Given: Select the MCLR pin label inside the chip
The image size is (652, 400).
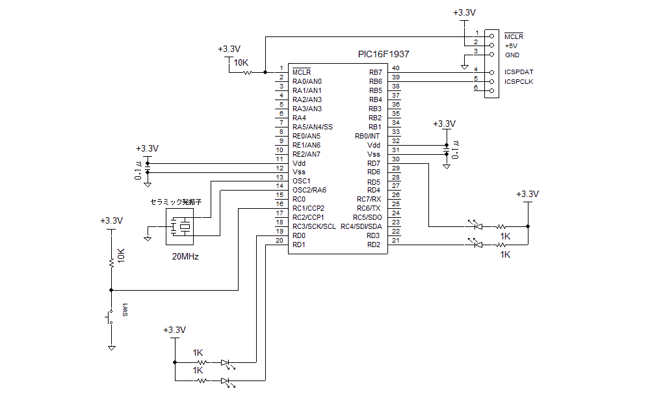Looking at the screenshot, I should [302, 72].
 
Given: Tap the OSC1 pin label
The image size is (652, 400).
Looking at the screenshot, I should [302, 181].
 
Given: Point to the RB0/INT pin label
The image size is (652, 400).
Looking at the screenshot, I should [367, 136].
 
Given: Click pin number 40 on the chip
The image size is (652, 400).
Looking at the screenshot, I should [396, 68].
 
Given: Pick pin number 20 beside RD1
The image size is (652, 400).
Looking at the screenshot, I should [279, 241].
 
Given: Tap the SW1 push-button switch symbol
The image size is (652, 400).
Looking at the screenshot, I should [109, 317].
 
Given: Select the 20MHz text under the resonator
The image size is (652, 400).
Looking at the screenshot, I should [185, 256].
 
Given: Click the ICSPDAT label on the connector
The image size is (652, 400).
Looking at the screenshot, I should [519, 72].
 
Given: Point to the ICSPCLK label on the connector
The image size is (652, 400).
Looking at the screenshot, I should [519, 81].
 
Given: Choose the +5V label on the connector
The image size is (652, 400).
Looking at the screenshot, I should [512, 46].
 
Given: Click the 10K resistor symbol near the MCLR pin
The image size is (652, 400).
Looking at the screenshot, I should [247, 72].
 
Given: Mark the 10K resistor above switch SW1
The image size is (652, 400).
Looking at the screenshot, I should [111, 260].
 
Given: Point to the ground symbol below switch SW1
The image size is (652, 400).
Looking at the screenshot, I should [111, 348].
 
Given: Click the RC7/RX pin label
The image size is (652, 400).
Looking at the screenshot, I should [369, 199].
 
